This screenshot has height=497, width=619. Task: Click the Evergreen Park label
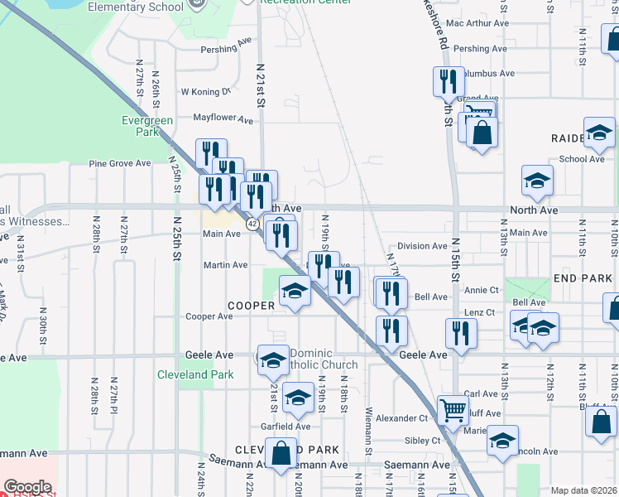(147, 126)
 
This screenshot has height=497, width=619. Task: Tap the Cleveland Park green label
(195, 374)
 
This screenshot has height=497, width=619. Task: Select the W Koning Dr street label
(204, 92)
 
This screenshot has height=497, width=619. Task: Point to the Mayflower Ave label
(223, 119)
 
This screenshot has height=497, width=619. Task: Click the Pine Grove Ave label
(120, 163)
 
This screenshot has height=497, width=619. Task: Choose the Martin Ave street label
(226, 265)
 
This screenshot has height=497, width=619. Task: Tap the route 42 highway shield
(252, 224)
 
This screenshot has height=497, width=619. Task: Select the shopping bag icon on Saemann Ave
(281, 454)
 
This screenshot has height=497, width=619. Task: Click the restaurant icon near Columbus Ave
(448, 82)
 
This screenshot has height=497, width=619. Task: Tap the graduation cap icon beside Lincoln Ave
(502, 441)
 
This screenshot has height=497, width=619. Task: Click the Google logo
(27, 487)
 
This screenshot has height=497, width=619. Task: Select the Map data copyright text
(583, 490)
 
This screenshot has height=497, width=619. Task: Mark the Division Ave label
(422, 246)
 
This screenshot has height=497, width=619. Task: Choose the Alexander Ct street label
(401, 418)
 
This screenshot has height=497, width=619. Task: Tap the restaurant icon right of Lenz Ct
(461, 333)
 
